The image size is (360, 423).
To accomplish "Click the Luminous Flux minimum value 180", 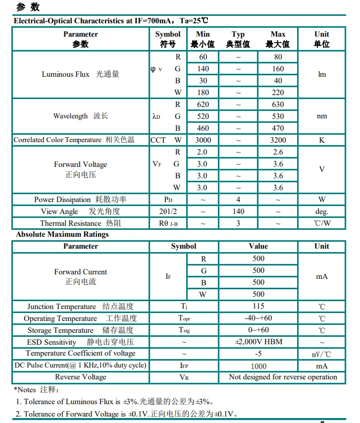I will click(x=203, y=93).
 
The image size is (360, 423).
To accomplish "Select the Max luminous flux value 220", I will click(x=278, y=93).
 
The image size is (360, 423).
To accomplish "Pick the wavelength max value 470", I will click(x=278, y=128).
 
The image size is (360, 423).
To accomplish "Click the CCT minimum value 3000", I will click(x=203, y=140).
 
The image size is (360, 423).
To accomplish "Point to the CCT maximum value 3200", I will click(x=278, y=140).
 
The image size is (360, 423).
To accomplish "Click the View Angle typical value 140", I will click(x=238, y=211).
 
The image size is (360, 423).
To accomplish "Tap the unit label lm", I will click(x=322, y=75).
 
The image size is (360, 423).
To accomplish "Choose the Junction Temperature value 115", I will click(x=258, y=306).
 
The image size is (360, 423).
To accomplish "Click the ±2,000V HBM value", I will click(x=258, y=342).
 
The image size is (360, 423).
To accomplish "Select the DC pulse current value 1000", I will click(x=258, y=366).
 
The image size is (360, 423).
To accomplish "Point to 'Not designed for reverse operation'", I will click(x=283, y=377).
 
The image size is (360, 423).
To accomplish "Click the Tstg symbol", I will click(x=184, y=330).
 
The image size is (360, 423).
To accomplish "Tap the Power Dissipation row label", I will click(x=80, y=200).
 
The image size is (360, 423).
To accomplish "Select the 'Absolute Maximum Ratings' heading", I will click(x=62, y=234).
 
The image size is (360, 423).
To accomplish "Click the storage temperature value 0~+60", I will click(x=258, y=330).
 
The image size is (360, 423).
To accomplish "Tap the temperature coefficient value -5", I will click(x=258, y=354).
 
